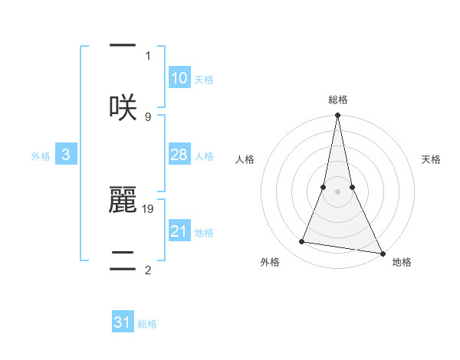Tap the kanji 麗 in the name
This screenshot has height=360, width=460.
coord(123,200)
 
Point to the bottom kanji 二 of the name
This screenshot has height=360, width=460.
coord(123,259)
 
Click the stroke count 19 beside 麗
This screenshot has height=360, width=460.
coord(149,208)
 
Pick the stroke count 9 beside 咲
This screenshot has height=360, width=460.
coord(148,116)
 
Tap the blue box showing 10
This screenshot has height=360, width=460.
coord(179,78)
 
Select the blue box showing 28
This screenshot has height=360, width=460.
coord(179,155)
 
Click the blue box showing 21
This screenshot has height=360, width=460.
coord(179,231)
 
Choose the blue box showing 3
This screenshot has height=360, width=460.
coord(66,155)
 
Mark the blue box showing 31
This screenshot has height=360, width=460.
coord(123,322)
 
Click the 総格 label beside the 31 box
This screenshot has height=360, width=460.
coord(147,324)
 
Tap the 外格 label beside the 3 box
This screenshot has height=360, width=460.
coord(41,156)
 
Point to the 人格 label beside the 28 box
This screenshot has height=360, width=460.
coord(204,156)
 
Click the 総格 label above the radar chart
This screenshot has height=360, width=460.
coord(337,100)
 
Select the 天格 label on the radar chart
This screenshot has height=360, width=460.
coord(432,159)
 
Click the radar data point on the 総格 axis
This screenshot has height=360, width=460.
coord(337,116)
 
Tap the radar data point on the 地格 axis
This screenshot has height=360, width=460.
coord(382,252)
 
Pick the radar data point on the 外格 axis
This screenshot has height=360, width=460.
coord(302,242)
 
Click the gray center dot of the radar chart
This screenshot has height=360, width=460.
coord(337,191)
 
